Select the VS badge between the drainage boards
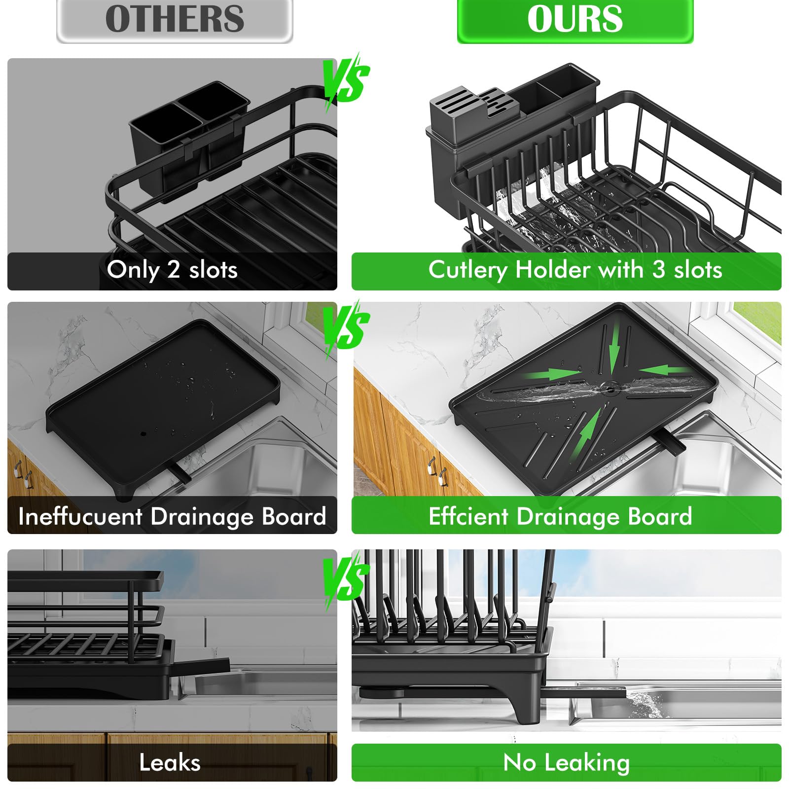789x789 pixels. (x=347, y=328)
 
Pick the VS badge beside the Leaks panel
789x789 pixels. (x=347, y=579)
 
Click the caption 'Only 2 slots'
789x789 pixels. (x=172, y=270)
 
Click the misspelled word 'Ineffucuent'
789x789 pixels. (x=80, y=517)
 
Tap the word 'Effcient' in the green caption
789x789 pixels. (x=468, y=517)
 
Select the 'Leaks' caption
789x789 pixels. (x=170, y=762)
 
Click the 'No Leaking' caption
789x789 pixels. (x=566, y=762)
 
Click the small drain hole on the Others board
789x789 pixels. (x=143, y=434)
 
